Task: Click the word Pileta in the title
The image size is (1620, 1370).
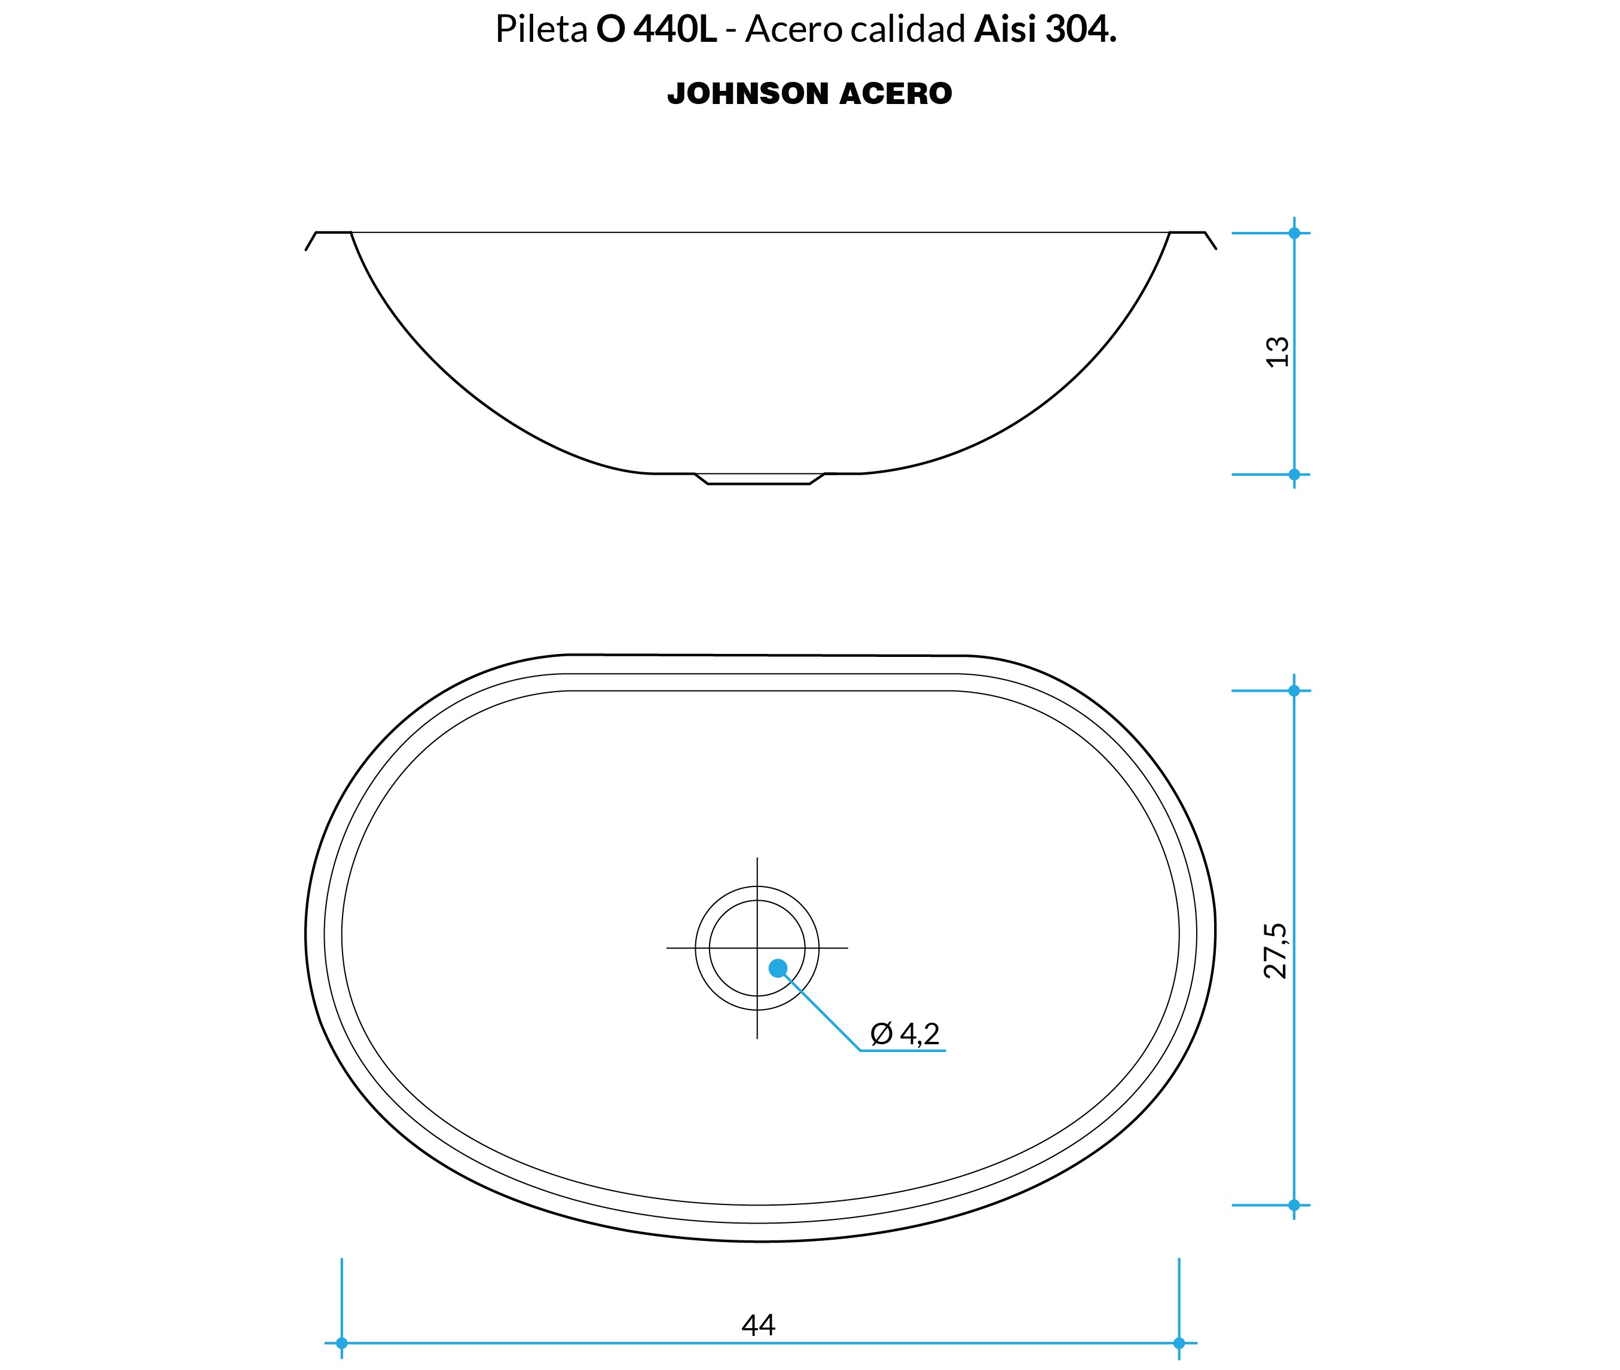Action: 541,29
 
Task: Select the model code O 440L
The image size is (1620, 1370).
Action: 656,29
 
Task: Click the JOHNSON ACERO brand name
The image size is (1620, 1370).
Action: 809,94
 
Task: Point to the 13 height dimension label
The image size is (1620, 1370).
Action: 1277,352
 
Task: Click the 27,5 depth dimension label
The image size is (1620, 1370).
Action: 1275,950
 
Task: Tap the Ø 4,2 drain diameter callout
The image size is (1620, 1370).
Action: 904,1033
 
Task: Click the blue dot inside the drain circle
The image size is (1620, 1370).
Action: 777,968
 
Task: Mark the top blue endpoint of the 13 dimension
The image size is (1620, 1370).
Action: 1294,233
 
